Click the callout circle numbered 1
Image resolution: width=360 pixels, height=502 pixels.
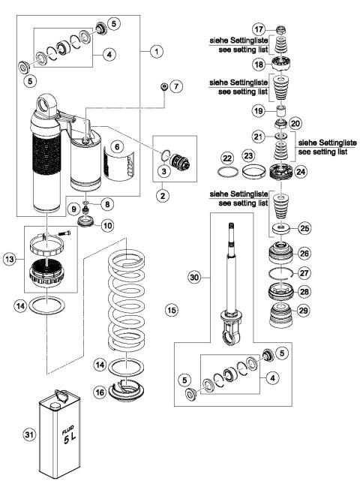tap(156, 52)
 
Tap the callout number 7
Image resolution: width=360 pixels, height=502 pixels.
tap(177, 87)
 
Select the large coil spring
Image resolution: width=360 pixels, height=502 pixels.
tap(139, 300)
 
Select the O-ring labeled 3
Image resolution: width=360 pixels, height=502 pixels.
tap(164, 157)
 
